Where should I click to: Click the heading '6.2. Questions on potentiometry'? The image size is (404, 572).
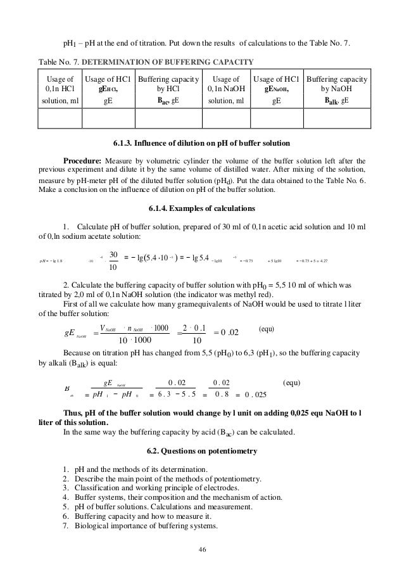[202, 451]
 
